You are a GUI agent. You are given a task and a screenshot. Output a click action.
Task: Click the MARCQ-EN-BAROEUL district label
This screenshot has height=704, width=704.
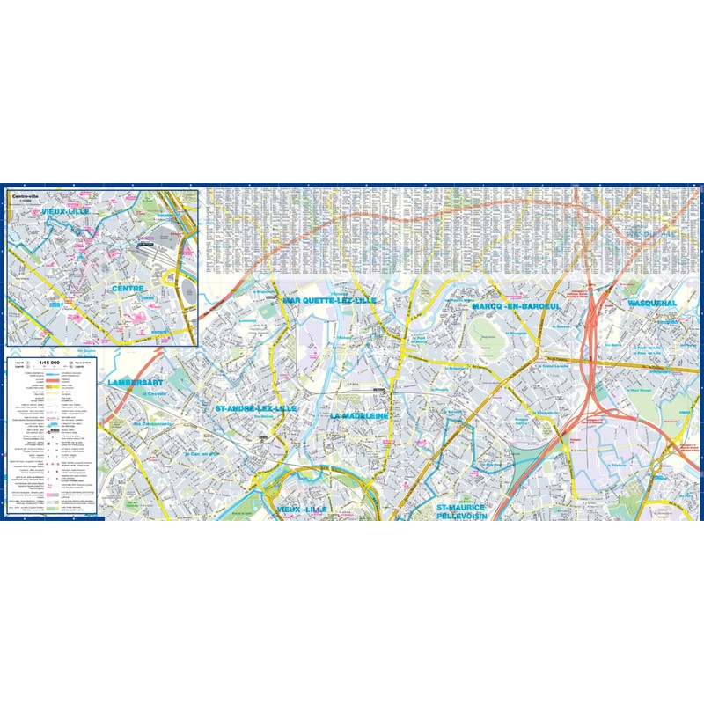point(516,306)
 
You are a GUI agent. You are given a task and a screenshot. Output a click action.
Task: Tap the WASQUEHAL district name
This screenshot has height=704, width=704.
point(651,304)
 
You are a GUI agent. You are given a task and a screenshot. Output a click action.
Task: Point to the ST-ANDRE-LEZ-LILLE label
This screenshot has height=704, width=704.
point(256,409)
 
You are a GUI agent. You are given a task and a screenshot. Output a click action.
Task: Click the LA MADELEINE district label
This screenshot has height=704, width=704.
point(359,414)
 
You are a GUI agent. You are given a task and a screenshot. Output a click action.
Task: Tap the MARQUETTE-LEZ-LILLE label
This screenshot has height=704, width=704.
point(329,300)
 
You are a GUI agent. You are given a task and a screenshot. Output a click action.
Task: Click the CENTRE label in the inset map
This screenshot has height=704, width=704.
point(128,289)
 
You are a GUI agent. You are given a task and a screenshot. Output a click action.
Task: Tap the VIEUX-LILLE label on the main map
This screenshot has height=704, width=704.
point(301,510)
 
